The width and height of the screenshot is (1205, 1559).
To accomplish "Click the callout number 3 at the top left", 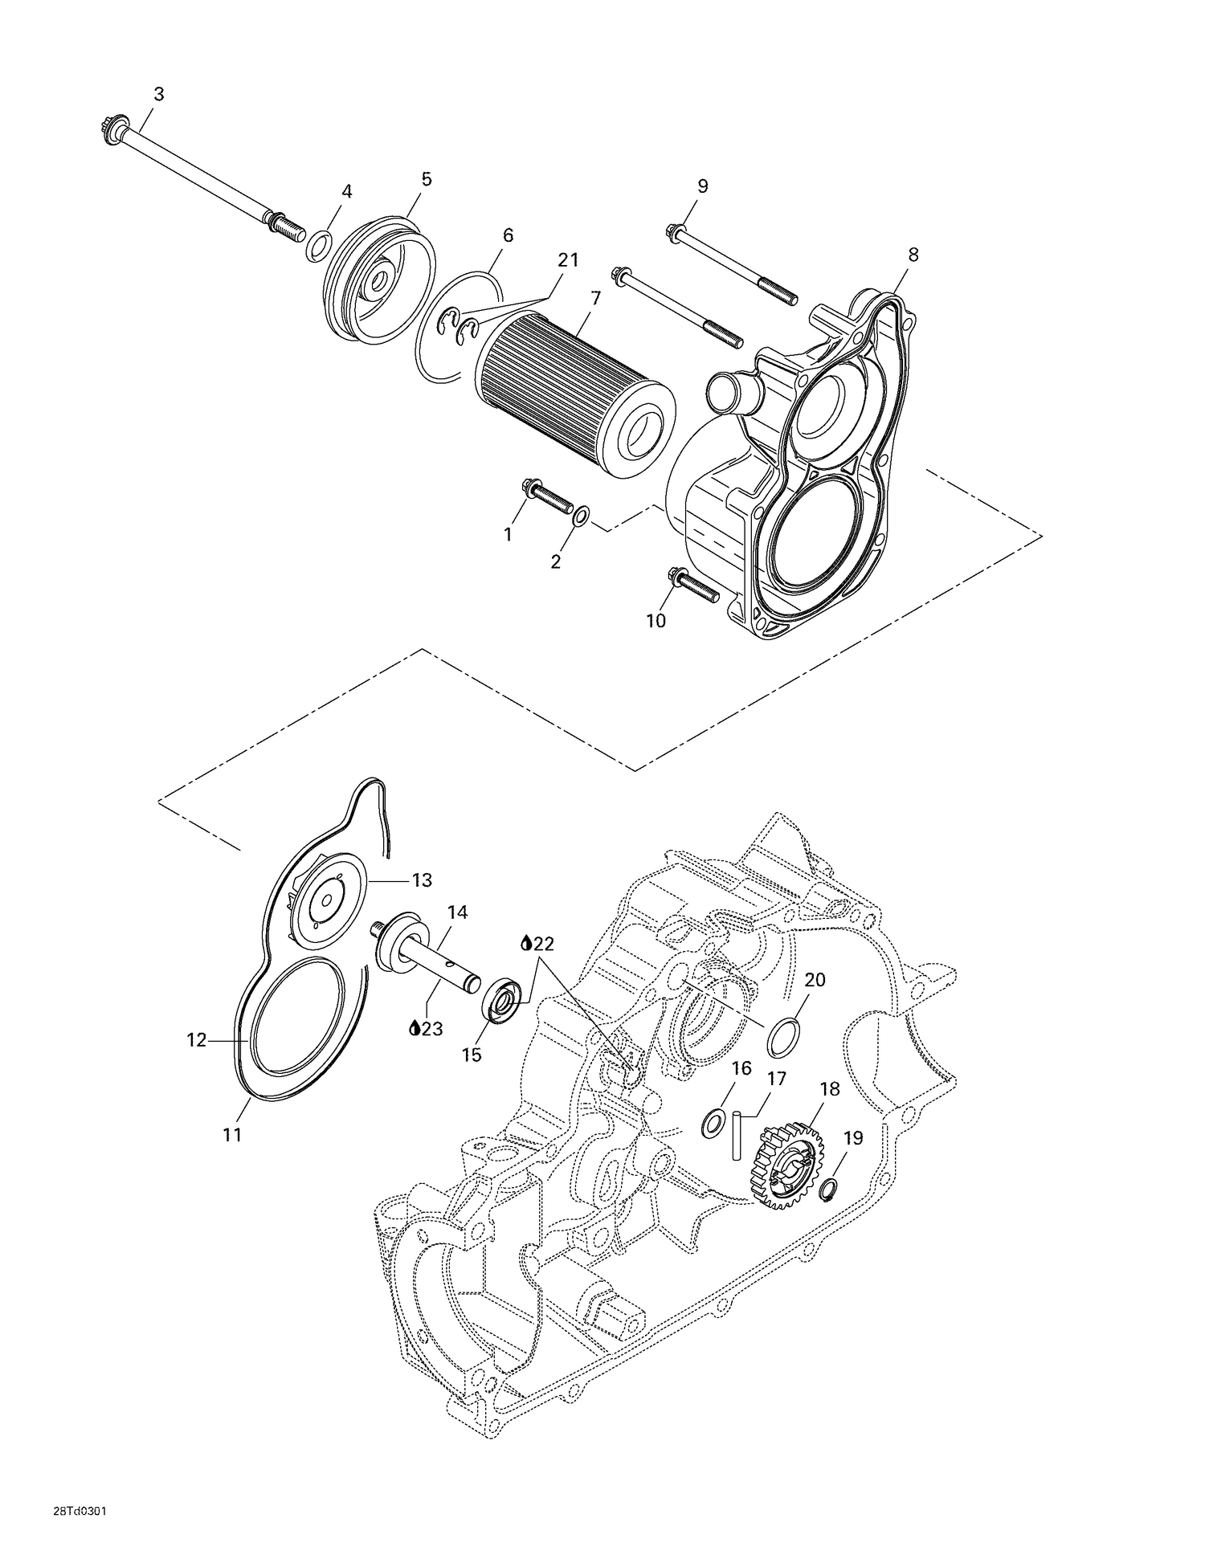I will [159, 94].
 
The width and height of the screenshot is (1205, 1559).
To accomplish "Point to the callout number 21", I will [568, 260].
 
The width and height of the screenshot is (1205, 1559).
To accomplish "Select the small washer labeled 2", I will [582, 514].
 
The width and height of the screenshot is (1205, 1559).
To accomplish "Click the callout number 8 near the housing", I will [913, 255].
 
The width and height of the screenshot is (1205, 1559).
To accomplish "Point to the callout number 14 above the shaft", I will [457, 912].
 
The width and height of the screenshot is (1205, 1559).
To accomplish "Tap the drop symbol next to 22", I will [526, 943].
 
